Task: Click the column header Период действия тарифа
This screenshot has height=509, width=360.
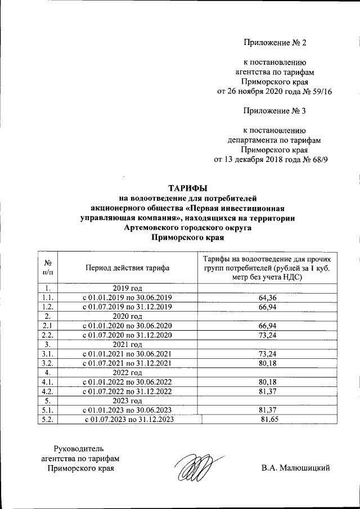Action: pyautogui.click(x=127, y=268)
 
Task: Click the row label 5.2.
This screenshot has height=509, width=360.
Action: pyautogui.click(x=48, y=419)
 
